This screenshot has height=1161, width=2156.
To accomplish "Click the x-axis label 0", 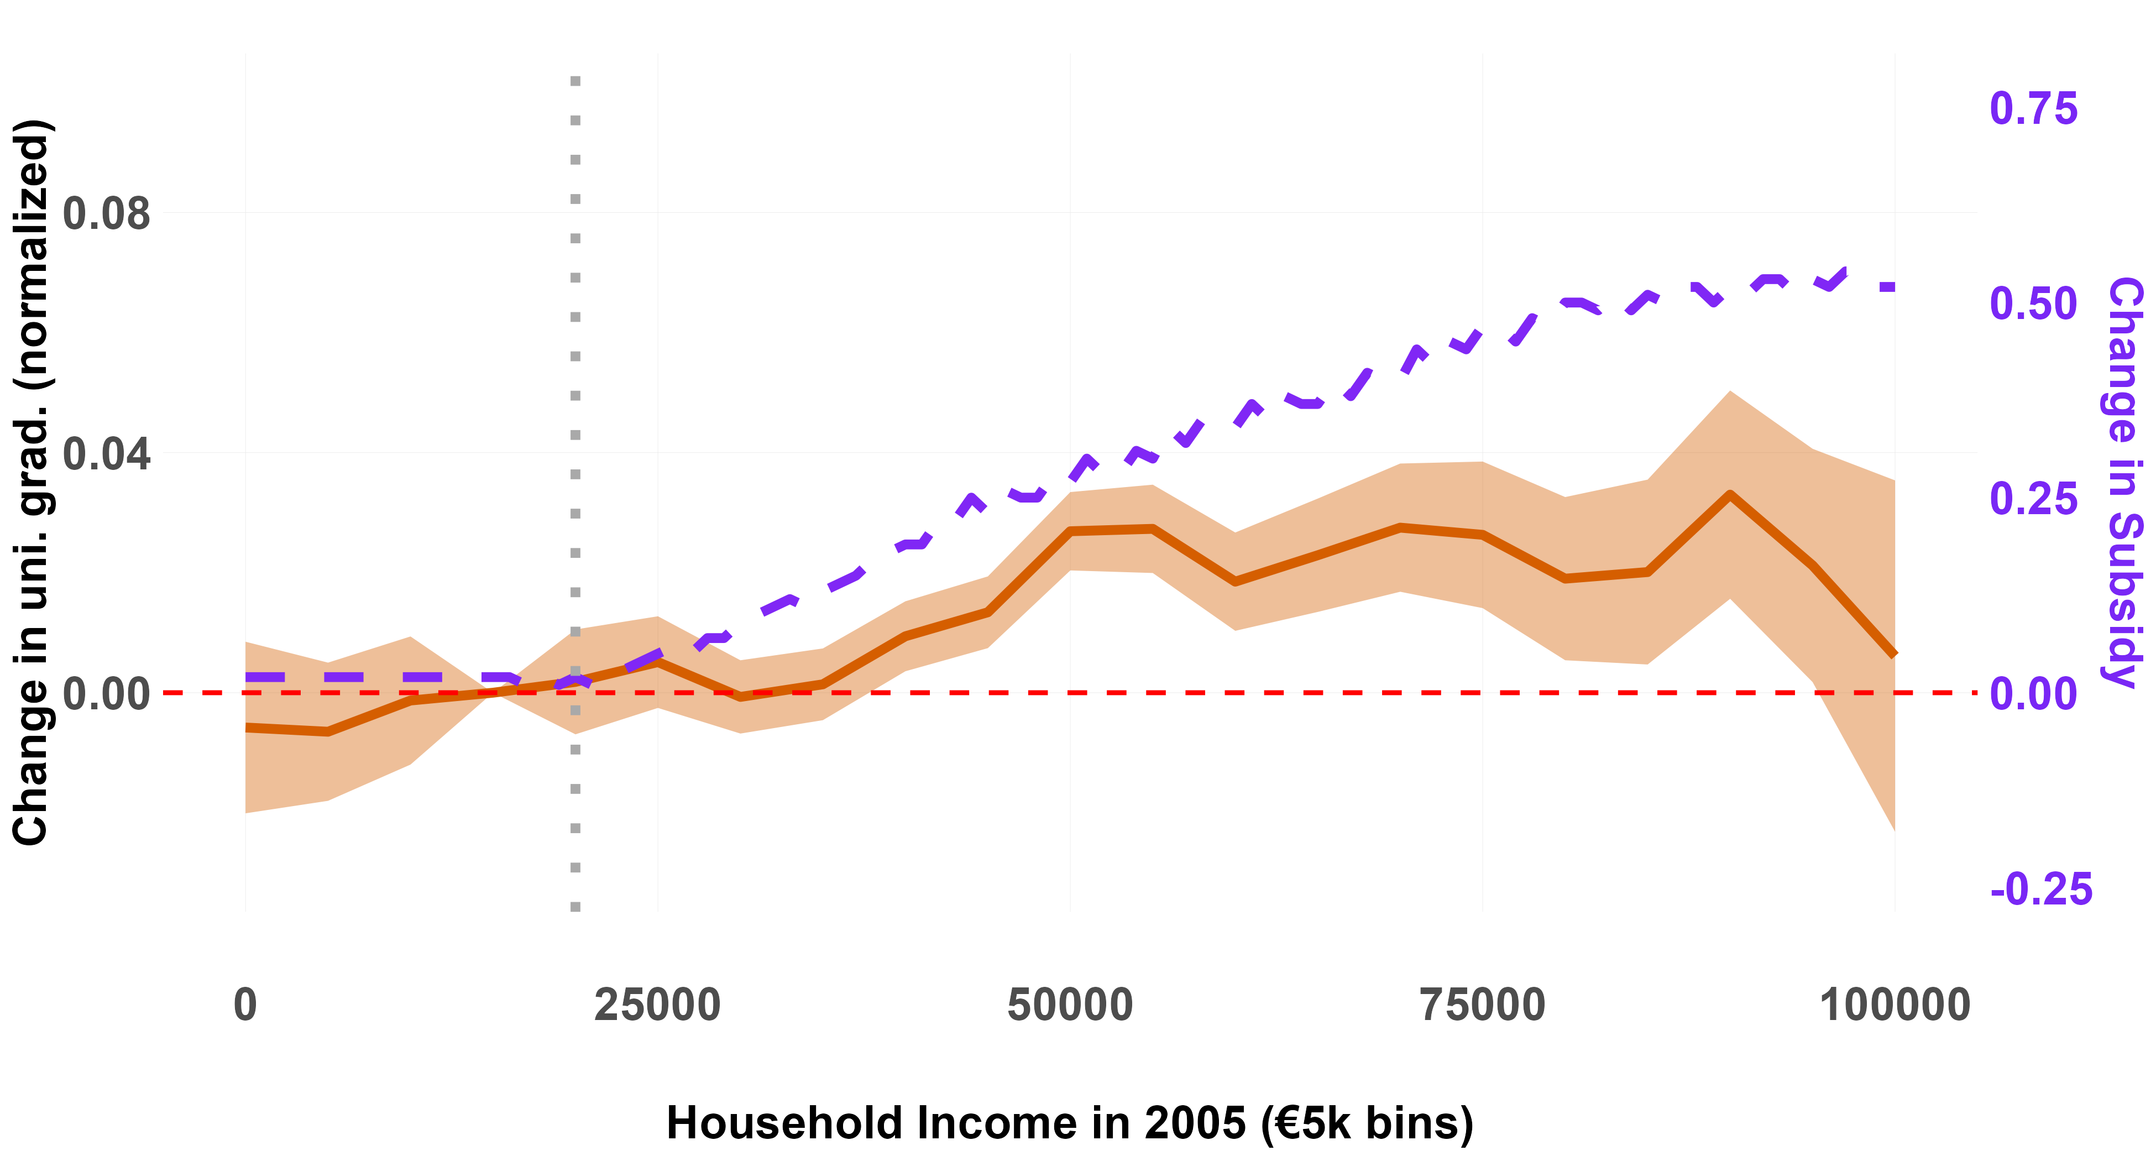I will click(x=245, y=1005).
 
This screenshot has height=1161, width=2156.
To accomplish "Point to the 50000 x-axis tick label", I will click(x=1070, y=1005).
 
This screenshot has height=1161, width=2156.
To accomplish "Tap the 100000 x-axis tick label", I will click(x=1895, y=1005).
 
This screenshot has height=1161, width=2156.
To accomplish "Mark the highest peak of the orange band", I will click(x=1730, y=391).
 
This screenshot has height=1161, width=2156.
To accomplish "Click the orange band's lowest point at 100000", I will click(x=1894, y=829).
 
